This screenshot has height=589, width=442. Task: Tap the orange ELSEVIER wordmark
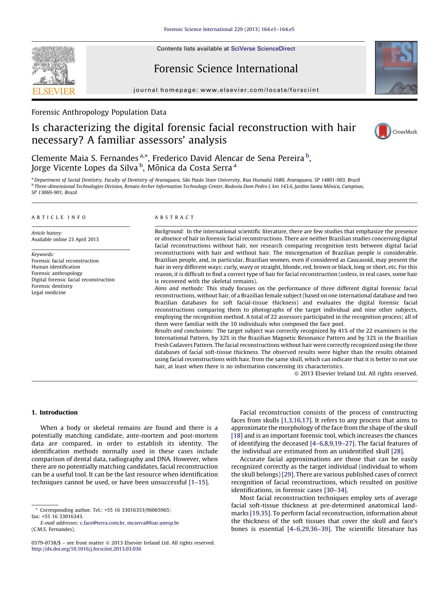[x=54, y=91]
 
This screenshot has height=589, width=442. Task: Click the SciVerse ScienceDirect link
[x=263, y=49]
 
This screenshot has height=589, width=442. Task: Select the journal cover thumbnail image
[x=396, y=68]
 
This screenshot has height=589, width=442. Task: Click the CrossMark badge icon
[x=383, y=131]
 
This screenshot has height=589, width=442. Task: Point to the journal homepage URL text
[x=226, y=90]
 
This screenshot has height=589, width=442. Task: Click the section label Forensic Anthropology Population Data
[x=99, y=112]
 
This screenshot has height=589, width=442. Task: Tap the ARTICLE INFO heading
[x=59, y=217]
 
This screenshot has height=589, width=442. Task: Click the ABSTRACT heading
[x=175, y=217]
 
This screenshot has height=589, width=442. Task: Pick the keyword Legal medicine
[x=48, y=292]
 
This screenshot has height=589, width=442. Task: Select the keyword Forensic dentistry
[x=52, y=286]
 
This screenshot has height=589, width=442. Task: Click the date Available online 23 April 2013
[x=65, y=239]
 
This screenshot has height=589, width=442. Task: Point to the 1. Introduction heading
[x=54, y=412]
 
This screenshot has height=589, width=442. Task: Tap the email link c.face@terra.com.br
[x=102, y=523]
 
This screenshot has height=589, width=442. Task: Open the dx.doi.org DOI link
[x=86, y=549]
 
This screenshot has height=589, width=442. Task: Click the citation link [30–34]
[x=336, y=490]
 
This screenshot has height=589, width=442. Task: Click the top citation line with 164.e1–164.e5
[x=229, y=30]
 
